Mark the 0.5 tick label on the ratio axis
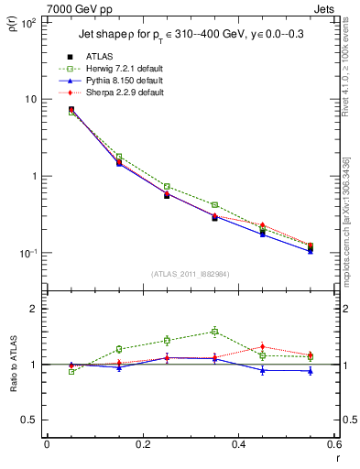29,420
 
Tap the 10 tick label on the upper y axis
29,99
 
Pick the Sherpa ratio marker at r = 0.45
263,346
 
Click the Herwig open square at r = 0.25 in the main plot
167,186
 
